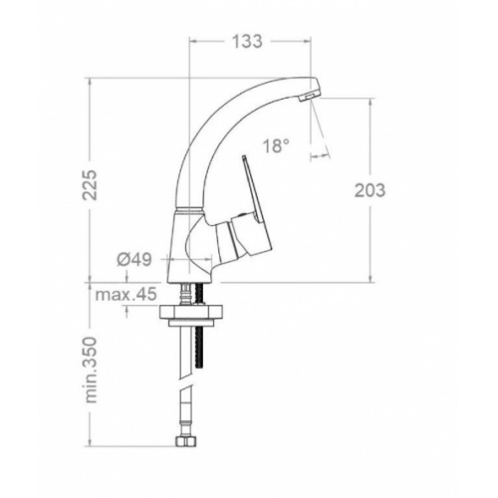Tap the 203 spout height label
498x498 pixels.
(371, 189)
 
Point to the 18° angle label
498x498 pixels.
(277, 145)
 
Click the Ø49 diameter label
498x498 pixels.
(133, 261)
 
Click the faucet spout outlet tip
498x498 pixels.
(310, 96)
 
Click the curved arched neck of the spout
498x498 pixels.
(214, 120)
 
